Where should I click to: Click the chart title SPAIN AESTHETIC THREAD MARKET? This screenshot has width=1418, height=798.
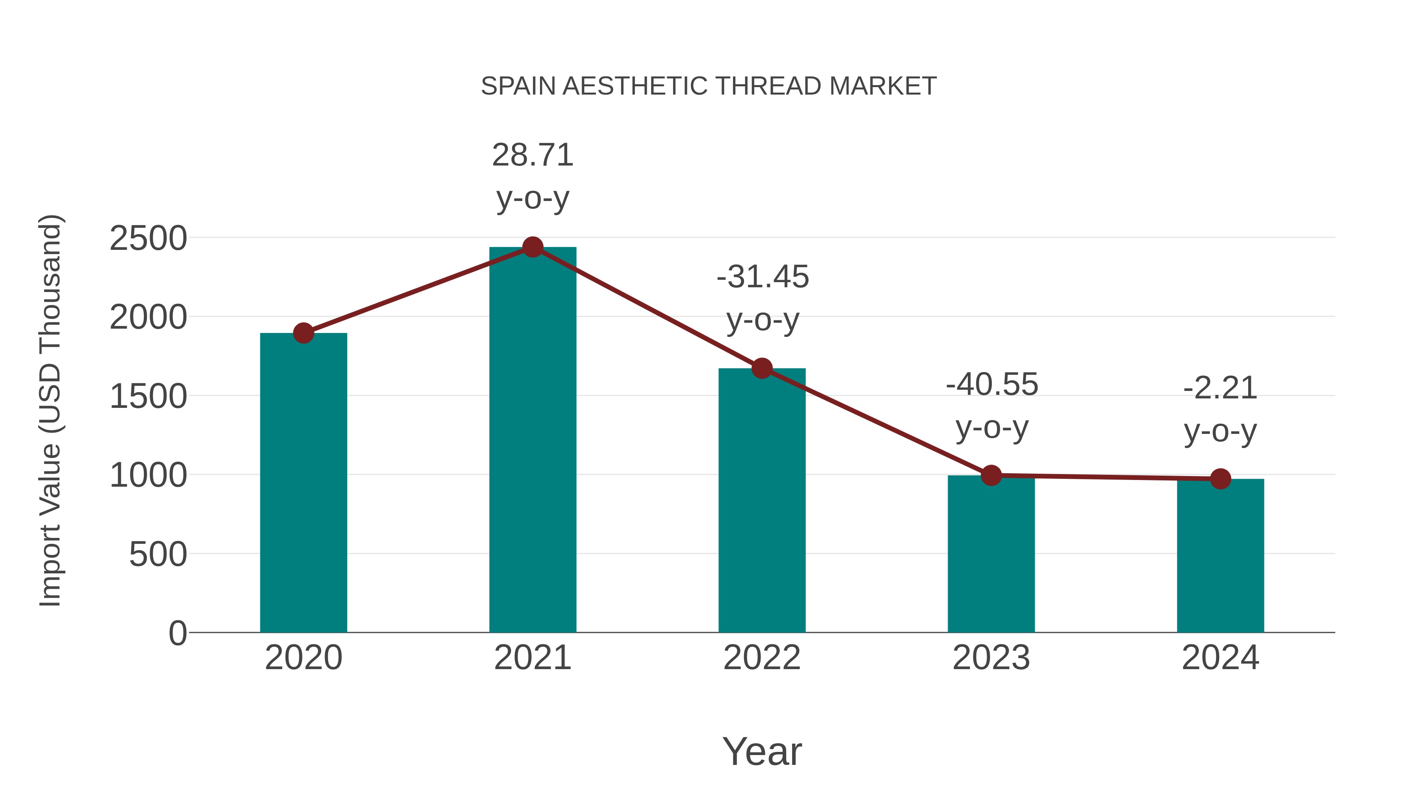[709, 86]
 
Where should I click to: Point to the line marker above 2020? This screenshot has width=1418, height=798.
[303, 333]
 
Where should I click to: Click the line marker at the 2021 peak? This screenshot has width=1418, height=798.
[532, 247]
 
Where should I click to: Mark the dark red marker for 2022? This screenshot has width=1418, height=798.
[762, 368]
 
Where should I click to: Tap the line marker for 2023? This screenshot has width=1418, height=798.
[991, 475]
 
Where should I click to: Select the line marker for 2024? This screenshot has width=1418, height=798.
[1220, 479]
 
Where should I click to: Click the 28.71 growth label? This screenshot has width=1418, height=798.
[532, 155]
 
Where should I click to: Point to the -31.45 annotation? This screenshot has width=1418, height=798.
[763, 277]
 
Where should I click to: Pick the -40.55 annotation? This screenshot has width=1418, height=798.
[991, 384]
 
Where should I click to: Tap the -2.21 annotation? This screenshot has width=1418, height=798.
[1220, 388]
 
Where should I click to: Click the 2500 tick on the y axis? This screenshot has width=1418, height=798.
[148, 239]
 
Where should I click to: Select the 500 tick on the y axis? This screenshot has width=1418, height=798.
[158, 554]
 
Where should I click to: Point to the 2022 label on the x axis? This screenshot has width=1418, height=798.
[762, 658]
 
